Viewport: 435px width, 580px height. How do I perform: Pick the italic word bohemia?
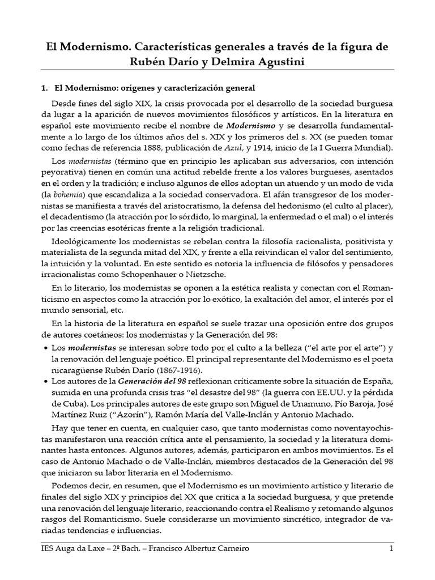(67, 194)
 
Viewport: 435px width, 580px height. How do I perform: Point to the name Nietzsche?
(184, 275)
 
